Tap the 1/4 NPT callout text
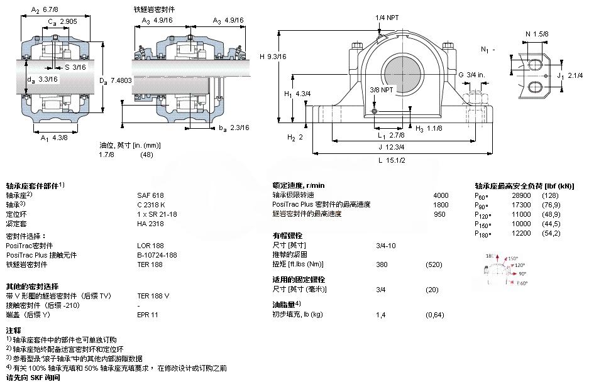tap(387, 18)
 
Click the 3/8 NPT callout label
tap(382, 89)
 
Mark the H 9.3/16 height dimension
tap(273, 57)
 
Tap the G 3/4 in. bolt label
tap(471, 75)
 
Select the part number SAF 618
tap(150, 195)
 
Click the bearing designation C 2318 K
tap(151, 205)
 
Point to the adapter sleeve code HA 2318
tap(150, 224)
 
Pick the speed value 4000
tap(441, 195)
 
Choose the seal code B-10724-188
tap(157, 255)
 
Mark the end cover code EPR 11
tap(148, 314)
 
